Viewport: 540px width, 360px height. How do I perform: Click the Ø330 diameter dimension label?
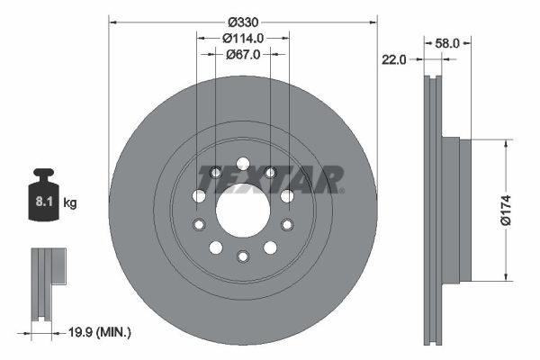click(x=243, y=22)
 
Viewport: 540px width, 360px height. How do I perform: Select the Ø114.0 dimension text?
click(x=243, y=38)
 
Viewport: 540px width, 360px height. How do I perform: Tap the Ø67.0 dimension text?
click(x=243, y=54)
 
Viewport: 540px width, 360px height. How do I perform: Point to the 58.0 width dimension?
click(x=447, y=43)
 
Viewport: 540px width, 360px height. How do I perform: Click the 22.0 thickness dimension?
click(x=394, y=60)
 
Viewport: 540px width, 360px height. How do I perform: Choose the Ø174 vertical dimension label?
click(x=506, y=210)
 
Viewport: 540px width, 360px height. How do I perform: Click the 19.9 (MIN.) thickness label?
click(x=100, y=332)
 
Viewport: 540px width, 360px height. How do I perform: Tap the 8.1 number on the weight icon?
click(x=44, y=202)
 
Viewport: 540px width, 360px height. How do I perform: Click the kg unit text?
click(x=70, y=202)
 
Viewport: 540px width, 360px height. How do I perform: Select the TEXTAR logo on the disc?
click(x=271, y=179)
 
